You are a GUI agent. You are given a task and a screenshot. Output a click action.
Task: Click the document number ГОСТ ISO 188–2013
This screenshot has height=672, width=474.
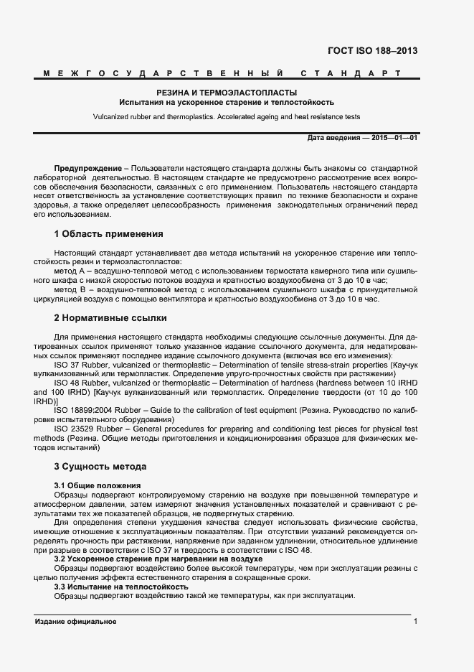372,51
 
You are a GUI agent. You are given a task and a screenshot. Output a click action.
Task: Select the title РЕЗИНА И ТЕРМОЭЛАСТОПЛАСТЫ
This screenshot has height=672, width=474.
227,93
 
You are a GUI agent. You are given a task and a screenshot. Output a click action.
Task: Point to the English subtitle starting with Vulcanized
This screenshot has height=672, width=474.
227,116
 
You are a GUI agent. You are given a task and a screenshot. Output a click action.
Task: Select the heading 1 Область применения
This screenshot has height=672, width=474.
108,234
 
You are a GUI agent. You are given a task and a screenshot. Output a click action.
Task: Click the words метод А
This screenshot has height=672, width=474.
70,271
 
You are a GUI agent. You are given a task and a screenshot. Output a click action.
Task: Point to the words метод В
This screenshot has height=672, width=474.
70,289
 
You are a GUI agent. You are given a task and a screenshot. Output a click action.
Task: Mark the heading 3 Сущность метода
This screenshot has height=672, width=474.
100,467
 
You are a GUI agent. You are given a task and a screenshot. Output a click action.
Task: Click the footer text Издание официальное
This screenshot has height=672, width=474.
75,621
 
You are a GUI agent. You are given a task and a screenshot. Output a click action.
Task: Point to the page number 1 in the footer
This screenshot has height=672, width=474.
415,621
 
